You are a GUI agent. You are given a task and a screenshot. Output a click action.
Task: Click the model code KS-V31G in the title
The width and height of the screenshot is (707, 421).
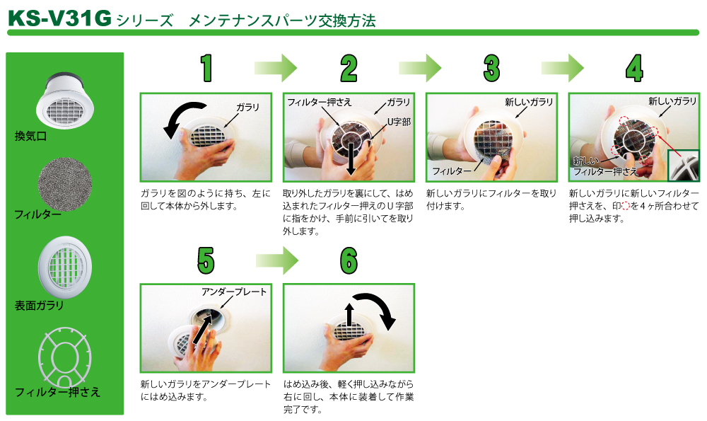[59, 18]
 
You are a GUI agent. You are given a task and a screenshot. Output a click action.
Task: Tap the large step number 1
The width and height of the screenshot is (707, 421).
[206, 68]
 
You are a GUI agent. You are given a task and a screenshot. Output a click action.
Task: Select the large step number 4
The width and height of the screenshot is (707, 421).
[634, 68]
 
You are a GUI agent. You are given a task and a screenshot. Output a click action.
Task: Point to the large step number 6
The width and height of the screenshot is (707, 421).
[349, 260]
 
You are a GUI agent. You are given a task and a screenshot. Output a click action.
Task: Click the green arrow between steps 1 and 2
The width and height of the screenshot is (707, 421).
[276, 68]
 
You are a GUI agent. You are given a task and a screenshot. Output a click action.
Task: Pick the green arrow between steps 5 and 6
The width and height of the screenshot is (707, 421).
[277, 260]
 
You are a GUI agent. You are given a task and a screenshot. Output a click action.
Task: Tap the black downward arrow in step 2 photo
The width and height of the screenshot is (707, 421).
[351, 158]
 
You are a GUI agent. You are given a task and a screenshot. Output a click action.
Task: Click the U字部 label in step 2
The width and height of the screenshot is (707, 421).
[399, 122]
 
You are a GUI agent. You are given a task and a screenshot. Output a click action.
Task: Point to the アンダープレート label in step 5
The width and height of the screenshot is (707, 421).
[234, 292]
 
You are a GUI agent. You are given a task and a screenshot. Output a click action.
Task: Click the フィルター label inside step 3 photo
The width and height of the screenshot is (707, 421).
[452, 171]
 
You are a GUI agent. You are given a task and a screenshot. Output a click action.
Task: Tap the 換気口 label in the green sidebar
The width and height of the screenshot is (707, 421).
[30, 136]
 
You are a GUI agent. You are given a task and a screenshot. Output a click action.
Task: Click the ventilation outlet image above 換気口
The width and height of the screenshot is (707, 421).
[65, 100]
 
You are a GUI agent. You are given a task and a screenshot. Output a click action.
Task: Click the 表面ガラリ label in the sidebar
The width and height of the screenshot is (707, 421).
[39, 306]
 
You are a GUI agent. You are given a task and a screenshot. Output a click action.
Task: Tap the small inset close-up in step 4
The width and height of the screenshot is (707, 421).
[683, 166]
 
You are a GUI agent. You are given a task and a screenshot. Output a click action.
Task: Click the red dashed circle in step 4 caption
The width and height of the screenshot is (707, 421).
[626, 206]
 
